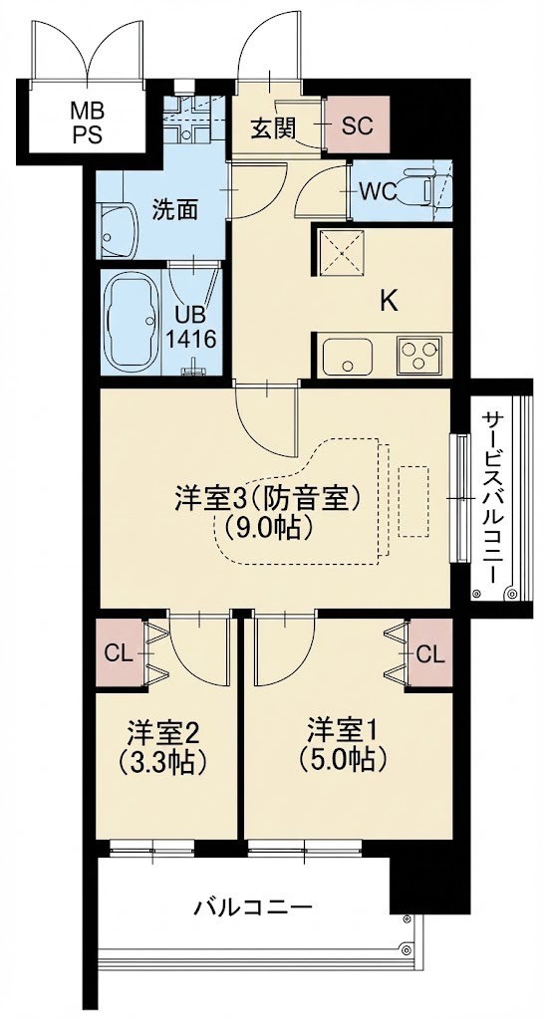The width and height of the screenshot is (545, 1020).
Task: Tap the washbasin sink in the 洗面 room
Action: [x=120, y=228]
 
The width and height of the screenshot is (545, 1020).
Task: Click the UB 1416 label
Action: [x=190, y=324]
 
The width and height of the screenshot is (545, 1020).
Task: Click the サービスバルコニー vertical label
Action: [x=494, y=497]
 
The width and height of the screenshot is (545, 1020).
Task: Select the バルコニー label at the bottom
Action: [x=253, y=907]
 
